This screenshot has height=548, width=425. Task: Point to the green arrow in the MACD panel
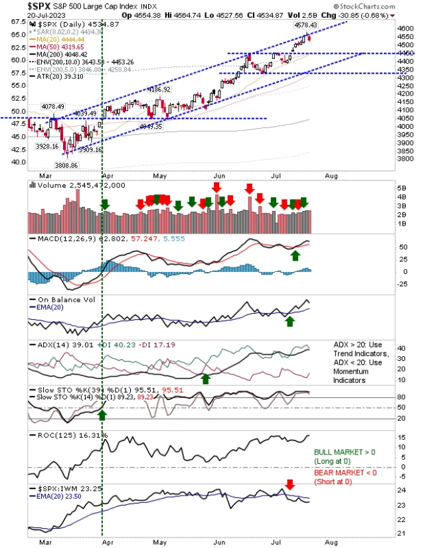coord(294,255)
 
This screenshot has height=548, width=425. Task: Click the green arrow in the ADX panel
coord(206,378)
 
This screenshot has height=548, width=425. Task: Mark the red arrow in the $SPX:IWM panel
coord(289,484)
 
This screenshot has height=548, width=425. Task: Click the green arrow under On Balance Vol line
coord(290,321)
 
